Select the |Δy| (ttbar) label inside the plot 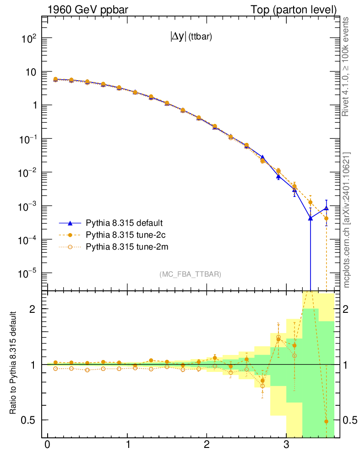tap(191, 38)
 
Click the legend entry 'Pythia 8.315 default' tap(124, 223)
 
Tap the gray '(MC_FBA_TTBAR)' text tap(190, 274)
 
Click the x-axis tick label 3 tap(286, 445)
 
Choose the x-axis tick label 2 tap(207, 445)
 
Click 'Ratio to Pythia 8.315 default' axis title tap(13, 364)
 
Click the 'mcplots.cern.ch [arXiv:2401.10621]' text tap(347, 220)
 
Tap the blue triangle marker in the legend tap(70, 223)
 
